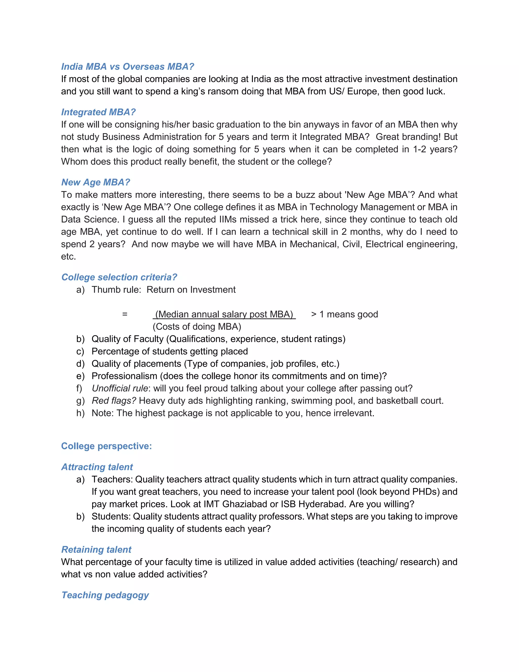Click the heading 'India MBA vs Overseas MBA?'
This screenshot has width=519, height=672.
point(128,66)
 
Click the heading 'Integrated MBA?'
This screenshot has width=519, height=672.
point(98,112)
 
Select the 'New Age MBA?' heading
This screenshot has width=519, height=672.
point(96,182)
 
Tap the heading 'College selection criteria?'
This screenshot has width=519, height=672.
point(119,277)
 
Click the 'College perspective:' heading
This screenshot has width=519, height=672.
point(106,446)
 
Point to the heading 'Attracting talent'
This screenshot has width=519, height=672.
point(97,467)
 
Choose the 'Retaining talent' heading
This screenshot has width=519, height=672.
point(96,550)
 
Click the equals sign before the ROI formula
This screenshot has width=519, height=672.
point(124,314)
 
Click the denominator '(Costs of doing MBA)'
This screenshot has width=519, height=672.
point(197,326)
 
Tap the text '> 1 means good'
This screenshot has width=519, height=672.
point(344,314)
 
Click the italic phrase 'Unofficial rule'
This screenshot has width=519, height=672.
point(120,388)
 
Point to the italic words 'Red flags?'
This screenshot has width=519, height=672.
point(114,401)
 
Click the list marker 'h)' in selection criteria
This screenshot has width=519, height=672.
point(80,413)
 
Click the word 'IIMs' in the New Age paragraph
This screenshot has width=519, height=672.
point(228,219)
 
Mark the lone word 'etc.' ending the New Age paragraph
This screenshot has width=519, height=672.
point(68,256)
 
